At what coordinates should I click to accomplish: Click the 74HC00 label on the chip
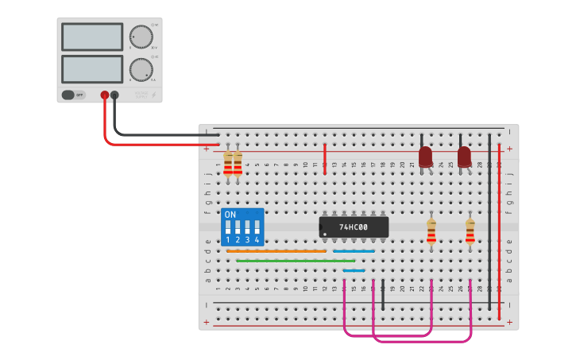354,227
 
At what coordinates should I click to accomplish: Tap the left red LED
425,156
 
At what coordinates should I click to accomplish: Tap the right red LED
464,156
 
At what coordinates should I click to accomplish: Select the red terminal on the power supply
104,95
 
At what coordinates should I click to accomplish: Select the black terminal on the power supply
114,95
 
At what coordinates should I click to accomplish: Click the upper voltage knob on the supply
141,37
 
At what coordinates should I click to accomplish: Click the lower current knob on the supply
141,69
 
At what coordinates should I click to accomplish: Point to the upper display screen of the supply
92,37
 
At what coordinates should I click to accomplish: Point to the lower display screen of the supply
92,69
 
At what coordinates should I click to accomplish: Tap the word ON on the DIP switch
230,215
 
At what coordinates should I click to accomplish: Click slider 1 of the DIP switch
228,227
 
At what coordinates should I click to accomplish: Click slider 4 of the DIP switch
257,227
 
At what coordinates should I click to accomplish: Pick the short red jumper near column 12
325,157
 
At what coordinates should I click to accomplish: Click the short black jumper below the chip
383,294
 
